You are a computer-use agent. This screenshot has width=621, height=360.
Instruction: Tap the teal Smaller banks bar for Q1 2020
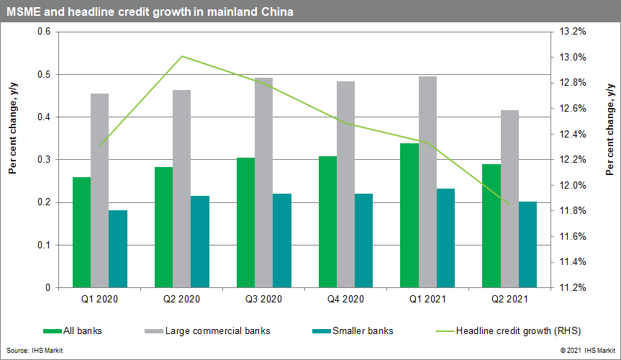117,248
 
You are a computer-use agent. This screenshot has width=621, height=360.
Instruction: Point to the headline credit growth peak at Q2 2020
182,56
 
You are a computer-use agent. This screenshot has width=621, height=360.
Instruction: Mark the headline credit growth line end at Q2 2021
509,204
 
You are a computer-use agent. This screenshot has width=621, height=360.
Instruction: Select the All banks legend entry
72,331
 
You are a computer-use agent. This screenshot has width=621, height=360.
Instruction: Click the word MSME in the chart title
25,12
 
